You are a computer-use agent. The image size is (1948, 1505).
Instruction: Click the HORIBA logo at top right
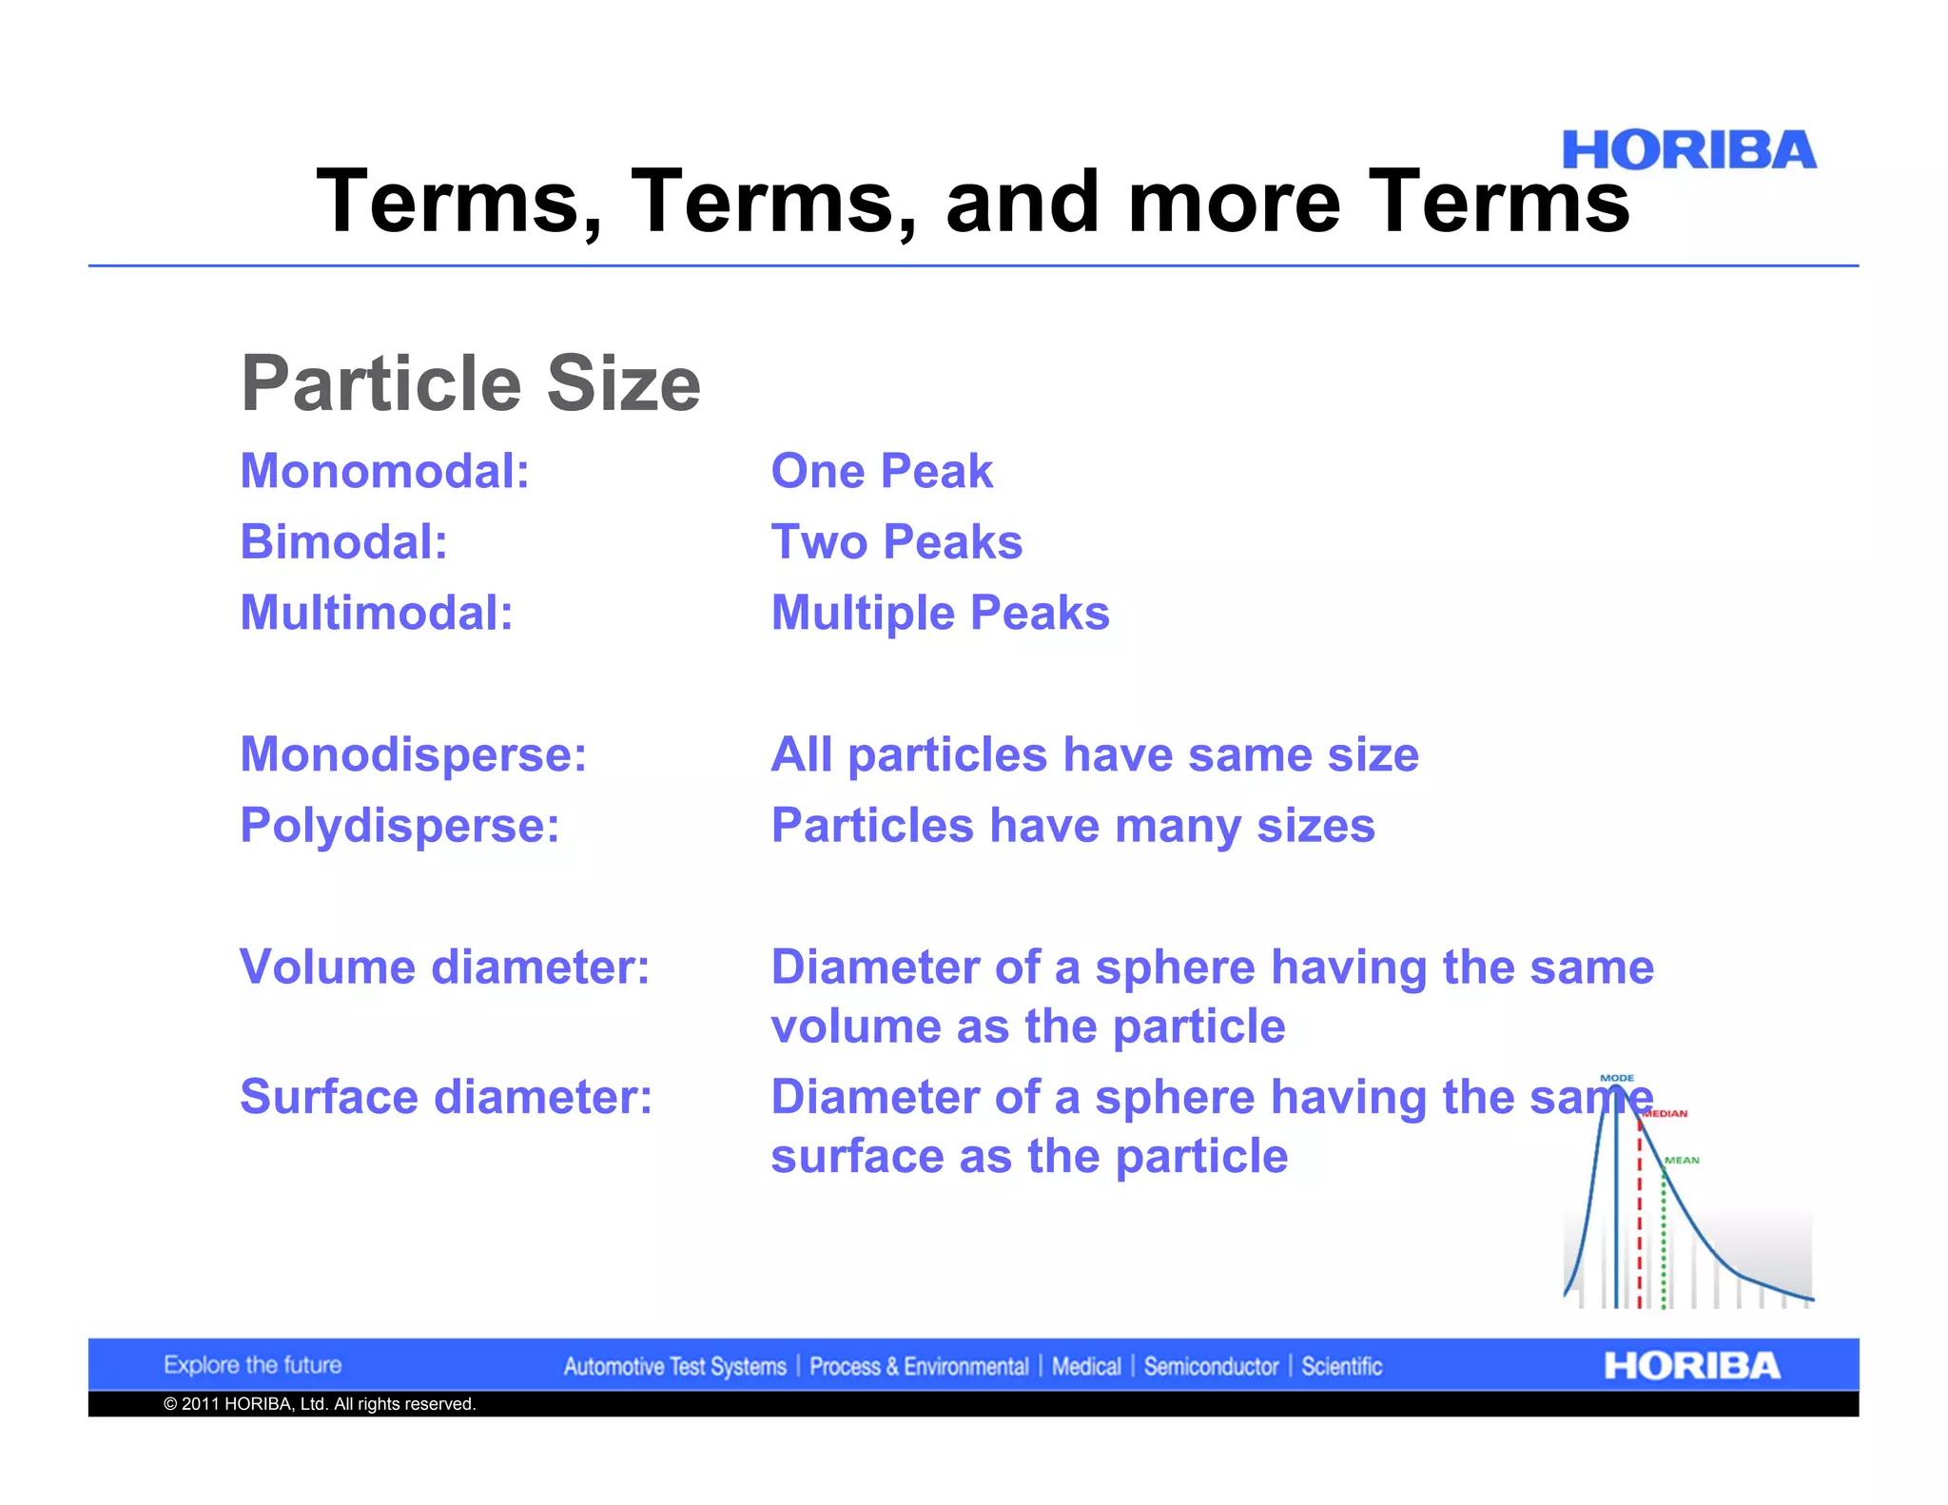click(1688, 150)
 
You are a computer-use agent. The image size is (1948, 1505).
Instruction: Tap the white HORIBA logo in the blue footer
click(1691, 1366)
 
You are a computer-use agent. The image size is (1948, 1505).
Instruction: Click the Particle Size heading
click(471, 383)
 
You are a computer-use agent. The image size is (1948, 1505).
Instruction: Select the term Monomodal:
click(384, 471)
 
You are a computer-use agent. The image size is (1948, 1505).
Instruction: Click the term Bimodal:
click(343, 542)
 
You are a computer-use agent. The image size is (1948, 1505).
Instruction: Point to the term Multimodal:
click(377, 613)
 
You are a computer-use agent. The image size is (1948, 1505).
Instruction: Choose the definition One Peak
click(881, 471)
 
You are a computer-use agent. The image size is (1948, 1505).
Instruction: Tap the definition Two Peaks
click(896, 542)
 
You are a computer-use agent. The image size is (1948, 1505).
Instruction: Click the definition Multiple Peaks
click(940, 613)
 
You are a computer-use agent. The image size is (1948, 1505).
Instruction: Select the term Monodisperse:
click(413, 754)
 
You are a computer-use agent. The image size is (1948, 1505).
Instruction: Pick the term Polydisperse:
click(399, 825)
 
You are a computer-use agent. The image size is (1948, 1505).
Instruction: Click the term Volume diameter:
click(444, 967)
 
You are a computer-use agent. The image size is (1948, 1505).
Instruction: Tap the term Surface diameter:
click(446, 1097)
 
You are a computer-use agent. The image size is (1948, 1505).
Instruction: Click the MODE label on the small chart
click(1617, 1078)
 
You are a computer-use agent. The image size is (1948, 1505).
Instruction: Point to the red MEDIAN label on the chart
click(1666, 1113)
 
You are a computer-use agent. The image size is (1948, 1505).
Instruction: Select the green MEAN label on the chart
click(1682, 1160)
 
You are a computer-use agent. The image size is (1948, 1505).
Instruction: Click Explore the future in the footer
click(252, 1365)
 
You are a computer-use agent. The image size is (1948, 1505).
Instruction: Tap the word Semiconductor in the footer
click(1211, 1367)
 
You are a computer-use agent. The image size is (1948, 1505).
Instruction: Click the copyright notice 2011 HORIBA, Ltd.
click(320, 1404)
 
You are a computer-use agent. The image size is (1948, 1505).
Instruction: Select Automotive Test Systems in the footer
click(674, 1367)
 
